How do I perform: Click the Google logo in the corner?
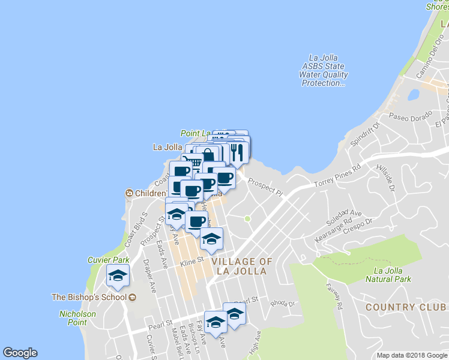point(20,353)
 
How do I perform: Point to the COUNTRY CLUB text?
point(406,307)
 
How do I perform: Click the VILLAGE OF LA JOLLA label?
point(243,266)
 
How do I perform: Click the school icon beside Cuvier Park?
point(118,276)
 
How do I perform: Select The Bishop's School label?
point(89,297)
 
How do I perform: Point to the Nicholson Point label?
point(77,318)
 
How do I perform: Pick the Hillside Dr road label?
point(385,178)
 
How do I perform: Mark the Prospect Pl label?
point(265,187)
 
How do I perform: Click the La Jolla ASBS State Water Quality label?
point(325,70)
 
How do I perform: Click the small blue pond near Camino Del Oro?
point(413,95)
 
